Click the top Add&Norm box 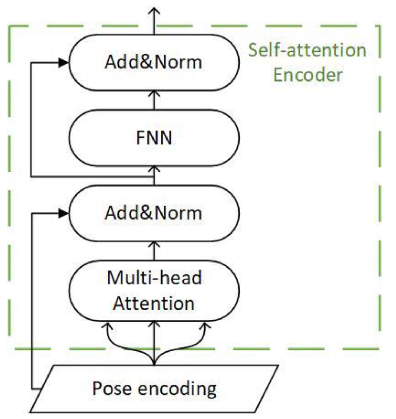tap(154, 63)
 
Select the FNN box tap(154, 138)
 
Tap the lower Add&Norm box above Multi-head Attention tap(154, 213)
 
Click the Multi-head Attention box tap(154, 290)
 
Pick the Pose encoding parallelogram tap(154, 388)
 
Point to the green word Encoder tap(308, 75)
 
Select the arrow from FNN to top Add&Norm tap(154, 100)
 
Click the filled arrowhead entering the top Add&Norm tap(63, 63)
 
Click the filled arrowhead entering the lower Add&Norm tap(63, 213)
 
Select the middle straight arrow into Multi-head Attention tap(154, 340)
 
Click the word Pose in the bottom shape tap(112, 388)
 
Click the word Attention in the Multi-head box tap(154, 303)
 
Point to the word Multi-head tap(154, 278)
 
